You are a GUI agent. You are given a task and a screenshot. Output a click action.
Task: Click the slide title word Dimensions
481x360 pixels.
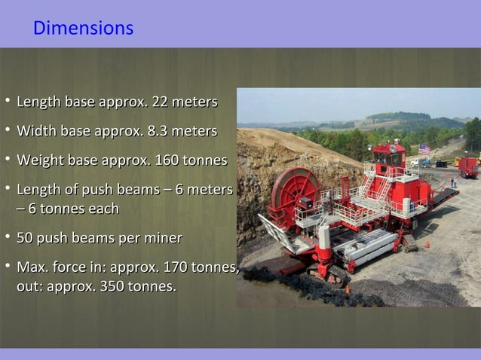[83, 29]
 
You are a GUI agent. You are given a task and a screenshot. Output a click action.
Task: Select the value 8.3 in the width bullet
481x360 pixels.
[153, 132]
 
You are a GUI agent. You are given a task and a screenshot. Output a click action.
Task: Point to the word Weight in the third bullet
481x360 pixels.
[41, 161]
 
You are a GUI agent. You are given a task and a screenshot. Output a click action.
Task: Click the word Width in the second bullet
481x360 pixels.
[36, 132]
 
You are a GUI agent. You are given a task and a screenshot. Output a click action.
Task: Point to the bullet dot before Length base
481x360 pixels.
[6, 102]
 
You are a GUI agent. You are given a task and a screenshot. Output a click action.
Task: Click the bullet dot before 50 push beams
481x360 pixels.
[6, 239]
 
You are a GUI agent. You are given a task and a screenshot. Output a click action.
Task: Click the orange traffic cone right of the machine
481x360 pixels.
[427, 244]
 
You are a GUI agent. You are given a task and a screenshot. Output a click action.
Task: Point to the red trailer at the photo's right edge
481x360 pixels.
[469, 166]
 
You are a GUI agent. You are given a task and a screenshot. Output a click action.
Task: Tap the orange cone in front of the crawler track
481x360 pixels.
[347, 288]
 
